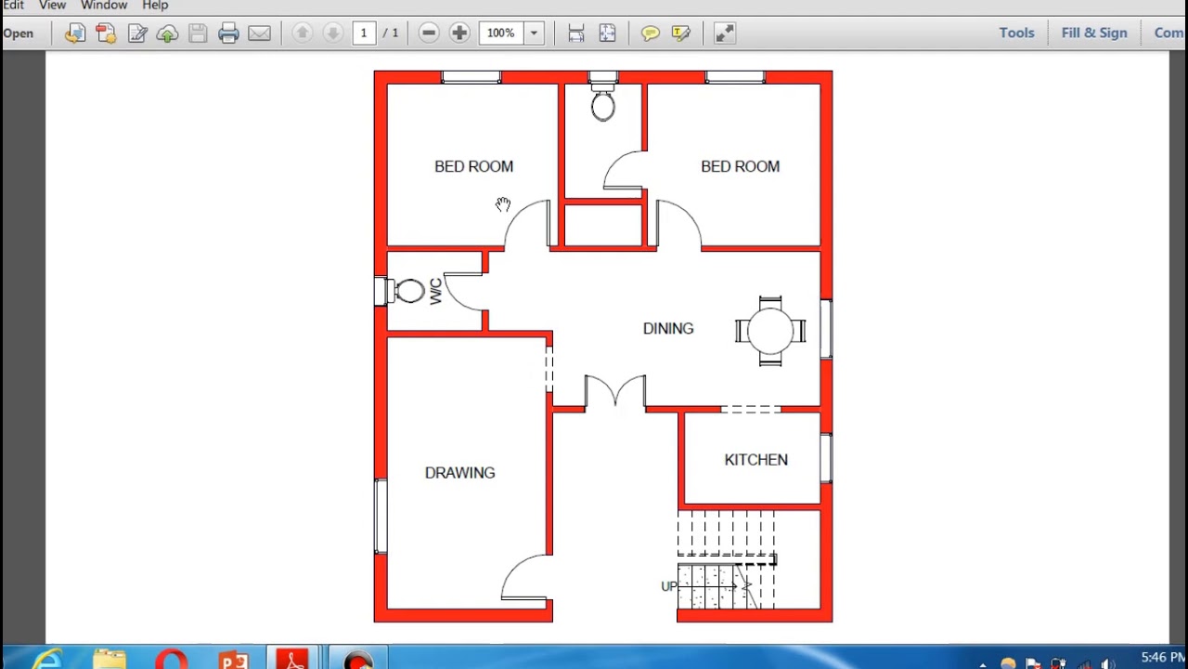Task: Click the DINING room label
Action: [x=667, y=329]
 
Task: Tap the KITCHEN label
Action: [x=755, y=460]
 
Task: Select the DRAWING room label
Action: [x=459, y=473]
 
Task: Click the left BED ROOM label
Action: [x=473, y=167]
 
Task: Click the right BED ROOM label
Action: [x=740, y=167]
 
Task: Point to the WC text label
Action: [x=435, y=291]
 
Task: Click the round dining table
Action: [x=770, y=331]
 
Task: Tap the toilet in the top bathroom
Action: [x=602, y=105]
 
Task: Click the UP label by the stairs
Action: [x=668, y=586]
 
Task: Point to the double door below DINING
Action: [x=614, y=390]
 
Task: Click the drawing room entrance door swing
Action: [x=524, y=578]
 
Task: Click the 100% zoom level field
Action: [x=501, y=33]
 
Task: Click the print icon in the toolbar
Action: [x=228, y=33]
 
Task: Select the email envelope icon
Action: [x=259, y=33]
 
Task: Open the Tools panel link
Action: [x=1016, y=33]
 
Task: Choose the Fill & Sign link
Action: [x=1093, y=33]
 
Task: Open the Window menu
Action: [x=103, y=6]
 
